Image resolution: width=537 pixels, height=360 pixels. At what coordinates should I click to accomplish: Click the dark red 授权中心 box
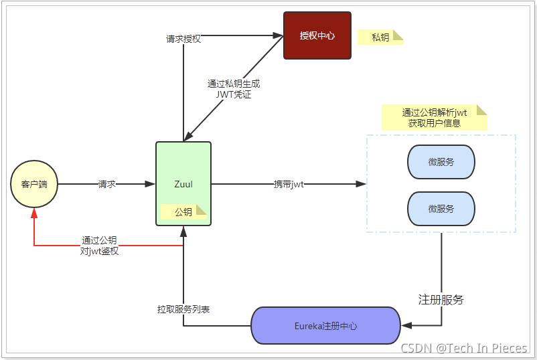click(317, 35)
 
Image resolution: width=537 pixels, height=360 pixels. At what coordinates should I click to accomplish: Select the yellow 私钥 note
click(380, 37)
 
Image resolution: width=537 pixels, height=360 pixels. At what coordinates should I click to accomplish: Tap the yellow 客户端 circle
click(34, 184)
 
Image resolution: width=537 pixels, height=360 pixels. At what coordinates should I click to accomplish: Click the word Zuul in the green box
click(183, 184)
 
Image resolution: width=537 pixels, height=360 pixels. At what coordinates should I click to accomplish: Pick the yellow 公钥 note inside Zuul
click(183, 212)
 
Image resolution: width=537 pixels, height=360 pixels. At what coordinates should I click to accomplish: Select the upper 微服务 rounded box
click(441, 162)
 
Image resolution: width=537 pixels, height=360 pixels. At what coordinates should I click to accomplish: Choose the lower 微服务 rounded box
click(441, 209)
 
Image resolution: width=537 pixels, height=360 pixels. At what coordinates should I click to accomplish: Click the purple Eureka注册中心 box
click(325, 326)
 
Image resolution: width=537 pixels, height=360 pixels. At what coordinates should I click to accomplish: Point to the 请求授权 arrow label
click(183, 39)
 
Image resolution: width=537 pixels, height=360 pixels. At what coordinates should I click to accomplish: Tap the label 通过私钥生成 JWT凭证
click(233, 89)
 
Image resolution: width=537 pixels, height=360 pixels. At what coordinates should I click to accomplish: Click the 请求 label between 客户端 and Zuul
click(106, 184)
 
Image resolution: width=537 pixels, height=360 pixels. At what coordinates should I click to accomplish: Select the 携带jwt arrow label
click(289, 184)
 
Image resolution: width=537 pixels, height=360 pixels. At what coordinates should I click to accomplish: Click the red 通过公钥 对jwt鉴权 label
click(99, 246)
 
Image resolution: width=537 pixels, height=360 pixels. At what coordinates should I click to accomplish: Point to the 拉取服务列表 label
click(183, 309)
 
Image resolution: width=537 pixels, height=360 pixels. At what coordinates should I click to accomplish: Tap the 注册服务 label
click(441, 299)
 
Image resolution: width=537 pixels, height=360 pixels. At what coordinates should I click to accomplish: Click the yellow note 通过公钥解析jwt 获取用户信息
click(434, 118)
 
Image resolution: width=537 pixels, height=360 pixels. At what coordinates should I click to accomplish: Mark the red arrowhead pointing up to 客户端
click(34, 213)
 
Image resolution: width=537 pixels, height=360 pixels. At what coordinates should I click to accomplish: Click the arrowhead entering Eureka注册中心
click(406, 326)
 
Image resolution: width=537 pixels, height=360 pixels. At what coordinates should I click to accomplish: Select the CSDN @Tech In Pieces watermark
click(463, 348)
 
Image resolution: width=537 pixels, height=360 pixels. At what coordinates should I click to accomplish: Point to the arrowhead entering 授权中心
click(279, 35)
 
